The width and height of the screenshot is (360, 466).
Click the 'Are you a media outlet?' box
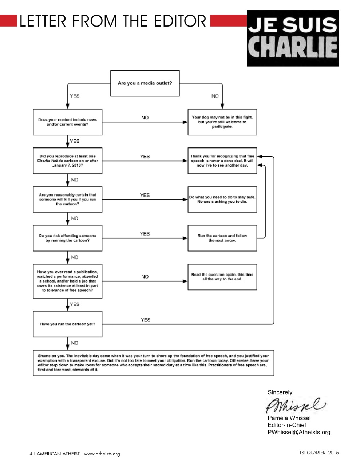pos(145,83)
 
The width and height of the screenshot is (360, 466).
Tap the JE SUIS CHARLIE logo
pos(293,38)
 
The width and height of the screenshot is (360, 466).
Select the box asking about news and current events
pos(67,122)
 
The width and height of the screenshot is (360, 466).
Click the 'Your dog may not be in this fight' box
pos(222,122)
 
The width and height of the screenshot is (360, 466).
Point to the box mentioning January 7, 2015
pos(67,161)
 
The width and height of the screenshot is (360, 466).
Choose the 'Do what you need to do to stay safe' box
pos(222,199)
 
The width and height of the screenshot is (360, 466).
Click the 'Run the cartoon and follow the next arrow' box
pos(222,238)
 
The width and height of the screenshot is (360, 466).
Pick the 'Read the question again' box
pos(222,277)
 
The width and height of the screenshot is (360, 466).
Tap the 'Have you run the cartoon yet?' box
pos(67,324)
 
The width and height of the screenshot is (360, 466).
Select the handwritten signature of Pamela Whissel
pos(295,405)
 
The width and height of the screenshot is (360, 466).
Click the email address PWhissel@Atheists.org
pos(299,432)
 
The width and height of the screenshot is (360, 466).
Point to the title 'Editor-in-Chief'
pos(287,425)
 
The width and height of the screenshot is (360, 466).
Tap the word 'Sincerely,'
pos(280,392)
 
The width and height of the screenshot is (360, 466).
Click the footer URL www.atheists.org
pos(102,454)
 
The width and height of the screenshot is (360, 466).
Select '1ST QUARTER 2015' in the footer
pos(319,453)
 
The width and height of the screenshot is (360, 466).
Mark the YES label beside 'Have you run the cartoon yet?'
pos(145,320)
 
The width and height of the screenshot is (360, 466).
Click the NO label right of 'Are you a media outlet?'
pos(215,96)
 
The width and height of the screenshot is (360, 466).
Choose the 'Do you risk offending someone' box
pos(67,238)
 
